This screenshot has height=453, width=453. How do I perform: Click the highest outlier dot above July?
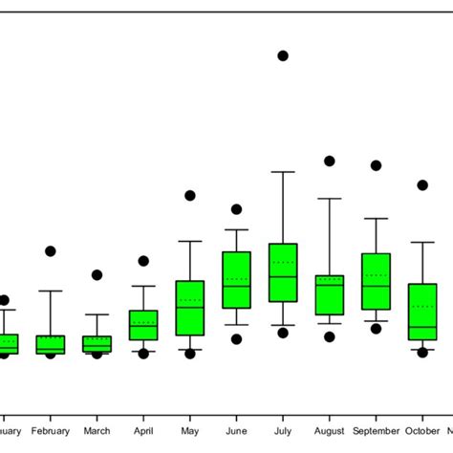[283, 56]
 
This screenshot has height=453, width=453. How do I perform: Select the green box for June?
[236, 280]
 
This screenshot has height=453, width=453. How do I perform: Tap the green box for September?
[376, 281]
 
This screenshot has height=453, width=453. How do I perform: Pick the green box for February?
[51, 345]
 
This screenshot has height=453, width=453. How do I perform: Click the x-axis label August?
[330, 431]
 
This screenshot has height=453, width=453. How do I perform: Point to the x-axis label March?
[97, 431]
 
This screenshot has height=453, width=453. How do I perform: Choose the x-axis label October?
[421, 431]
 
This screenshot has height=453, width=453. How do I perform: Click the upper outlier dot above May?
[190, 196]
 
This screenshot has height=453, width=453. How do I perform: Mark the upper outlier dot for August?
[330, 162]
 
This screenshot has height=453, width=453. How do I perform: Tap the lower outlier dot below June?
[236, 339]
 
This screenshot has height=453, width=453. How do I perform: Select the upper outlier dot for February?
[51, 251]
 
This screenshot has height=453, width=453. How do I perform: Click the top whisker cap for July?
[283, 172]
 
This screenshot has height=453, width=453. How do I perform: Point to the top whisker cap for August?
[330, 199]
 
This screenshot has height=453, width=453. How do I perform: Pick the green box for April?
[143, 325]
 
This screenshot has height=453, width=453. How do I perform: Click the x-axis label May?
[190, 431]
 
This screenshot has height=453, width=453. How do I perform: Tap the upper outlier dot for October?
[422, 185]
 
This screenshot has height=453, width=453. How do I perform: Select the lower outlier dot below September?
[376, 329]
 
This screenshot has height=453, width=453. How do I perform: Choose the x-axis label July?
[283, 431]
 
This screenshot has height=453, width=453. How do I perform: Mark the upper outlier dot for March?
[97, 275]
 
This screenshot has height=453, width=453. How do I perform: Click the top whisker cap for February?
[51, 291]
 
